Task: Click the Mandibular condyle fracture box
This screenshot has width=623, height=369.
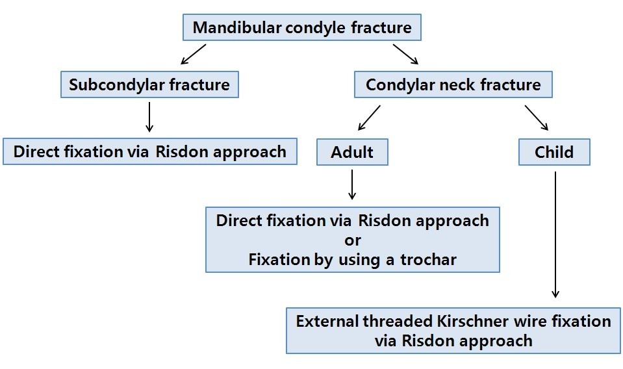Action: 302,28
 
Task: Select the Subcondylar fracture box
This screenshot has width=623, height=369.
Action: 149,84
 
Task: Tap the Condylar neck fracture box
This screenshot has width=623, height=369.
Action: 453,84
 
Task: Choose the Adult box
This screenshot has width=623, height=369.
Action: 352,152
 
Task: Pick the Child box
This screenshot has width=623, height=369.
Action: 554,152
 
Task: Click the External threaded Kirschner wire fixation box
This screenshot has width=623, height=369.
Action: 453,331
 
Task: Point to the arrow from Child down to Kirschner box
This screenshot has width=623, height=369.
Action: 555,234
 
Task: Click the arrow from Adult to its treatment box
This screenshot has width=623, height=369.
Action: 352,184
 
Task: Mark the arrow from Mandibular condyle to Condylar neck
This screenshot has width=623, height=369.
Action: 406,54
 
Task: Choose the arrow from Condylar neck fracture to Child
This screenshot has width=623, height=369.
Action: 537,118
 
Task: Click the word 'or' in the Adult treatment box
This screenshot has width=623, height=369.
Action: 353,240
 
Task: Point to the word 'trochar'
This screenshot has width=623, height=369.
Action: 428,260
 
